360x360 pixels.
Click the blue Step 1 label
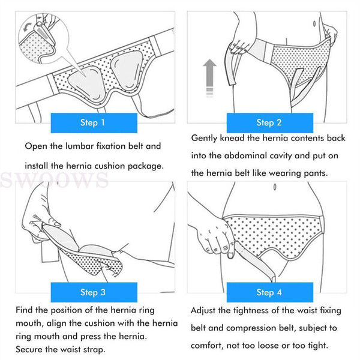coord(93,122)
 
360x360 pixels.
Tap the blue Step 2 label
coord(269,122)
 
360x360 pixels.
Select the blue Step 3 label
coord(93,292)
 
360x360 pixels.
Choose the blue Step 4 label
coord(269,292)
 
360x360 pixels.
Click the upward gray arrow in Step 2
coord(209,76)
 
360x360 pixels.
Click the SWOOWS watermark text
coord(54,179)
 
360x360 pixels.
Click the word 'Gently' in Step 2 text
coord(205,138)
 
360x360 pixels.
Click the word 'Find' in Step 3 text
coord(25,311)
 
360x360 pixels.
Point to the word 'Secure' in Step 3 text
coord(30,349)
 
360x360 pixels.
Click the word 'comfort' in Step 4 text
coord(208,346)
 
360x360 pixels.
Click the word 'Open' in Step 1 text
coord(36,146)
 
